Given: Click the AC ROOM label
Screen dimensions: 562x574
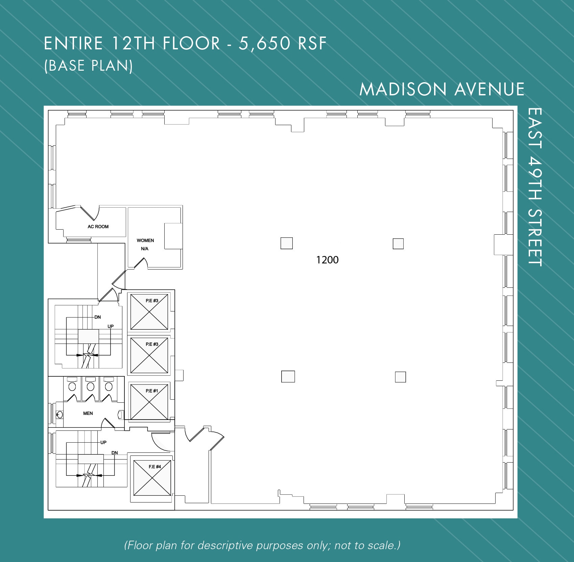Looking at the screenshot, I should click(98, 227).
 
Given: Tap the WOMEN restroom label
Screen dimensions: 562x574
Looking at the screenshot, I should click(145, 240).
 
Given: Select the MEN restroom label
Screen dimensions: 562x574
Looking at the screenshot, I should click(88, 413).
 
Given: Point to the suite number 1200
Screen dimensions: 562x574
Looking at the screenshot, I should click(327, 260).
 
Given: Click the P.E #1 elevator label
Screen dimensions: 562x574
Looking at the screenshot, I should click(152, 391).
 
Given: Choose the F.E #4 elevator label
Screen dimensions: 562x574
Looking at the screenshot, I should click(155, 467).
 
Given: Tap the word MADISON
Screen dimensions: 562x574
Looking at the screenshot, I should click(403, 90).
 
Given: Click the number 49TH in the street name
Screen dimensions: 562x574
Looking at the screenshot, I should click(535, 181).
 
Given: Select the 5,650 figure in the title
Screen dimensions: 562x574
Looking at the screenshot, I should click(265, 44).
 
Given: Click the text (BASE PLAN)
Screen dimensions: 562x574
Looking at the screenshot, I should click(89, 66).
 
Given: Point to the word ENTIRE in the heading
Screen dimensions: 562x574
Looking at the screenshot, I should click(73, 44).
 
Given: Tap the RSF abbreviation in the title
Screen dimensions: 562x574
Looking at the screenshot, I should click(312, 44).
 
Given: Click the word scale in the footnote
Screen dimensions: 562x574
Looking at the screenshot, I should click(381, 545).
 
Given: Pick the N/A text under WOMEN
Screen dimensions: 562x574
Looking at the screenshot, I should click(145, 249).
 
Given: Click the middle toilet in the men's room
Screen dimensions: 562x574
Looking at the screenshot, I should click(90, 386).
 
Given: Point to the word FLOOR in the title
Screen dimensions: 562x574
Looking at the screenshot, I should click(191, 44).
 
